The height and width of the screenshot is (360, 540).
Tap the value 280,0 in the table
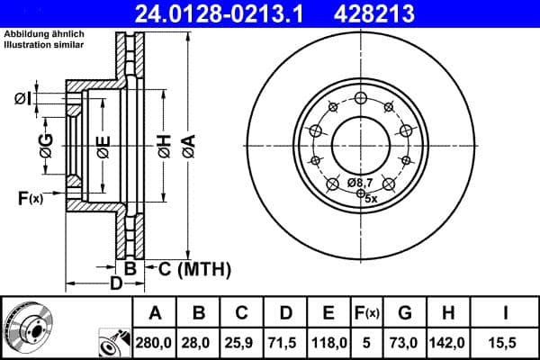point(156,342)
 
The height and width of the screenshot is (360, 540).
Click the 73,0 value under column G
point(405,342)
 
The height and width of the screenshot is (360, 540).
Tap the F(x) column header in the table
point(367,313)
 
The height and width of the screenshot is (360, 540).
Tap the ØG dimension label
point(47,141)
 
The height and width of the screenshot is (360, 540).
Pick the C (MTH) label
point(194,268)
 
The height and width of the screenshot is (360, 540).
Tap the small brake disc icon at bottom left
point(27,327)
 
